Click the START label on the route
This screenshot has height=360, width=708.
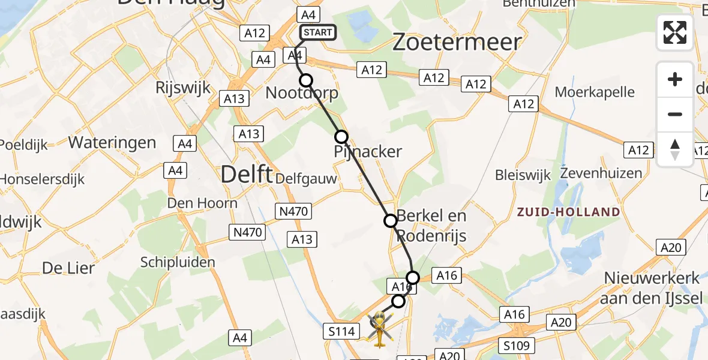317,32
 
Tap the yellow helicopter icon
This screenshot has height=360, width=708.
379,328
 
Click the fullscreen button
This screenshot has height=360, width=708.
675,32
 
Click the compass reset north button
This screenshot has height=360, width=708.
675,149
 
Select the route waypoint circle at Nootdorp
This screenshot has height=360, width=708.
306,80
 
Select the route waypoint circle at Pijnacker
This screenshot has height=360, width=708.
341,137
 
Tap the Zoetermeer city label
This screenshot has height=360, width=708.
457,42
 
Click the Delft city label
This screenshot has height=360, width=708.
245,174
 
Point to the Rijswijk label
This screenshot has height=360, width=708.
183,88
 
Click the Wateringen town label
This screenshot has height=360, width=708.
112,143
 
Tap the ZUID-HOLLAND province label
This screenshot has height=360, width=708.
568,212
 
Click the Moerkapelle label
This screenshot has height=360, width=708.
595,92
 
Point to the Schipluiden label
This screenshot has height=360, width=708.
177,262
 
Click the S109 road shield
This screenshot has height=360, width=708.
517,346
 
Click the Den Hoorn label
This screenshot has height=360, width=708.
202,203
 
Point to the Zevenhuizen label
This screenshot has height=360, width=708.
601,173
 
